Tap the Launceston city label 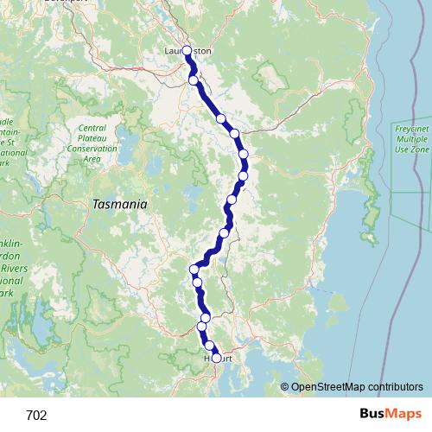point(187,51)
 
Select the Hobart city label point(218,358)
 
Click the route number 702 point(37,415)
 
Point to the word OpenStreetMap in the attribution point(329,387)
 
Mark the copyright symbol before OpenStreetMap point(284,387)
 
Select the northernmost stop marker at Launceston point(187,51)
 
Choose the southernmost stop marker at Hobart point(216,357)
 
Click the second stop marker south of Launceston point(221,118)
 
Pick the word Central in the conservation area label point(92,127)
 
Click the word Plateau point(92,137)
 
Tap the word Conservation point(92,148)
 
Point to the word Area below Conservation point(92,158)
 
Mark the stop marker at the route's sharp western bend point(195,270)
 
